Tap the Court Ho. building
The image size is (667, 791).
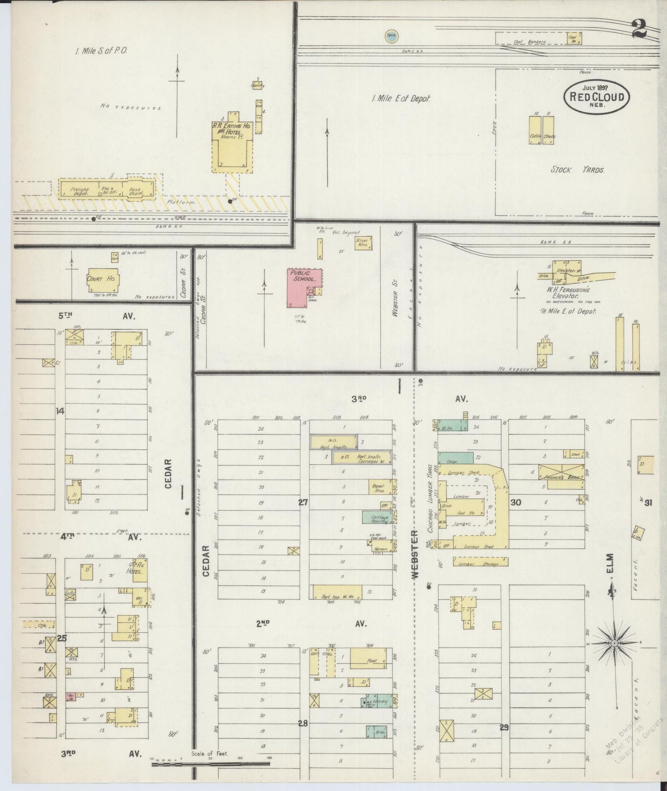point(102,280)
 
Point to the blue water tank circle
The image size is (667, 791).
point(392,36)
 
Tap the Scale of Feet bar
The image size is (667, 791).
point(213,764)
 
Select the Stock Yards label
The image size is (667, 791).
point(577,170)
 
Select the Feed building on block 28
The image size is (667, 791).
point(368,659)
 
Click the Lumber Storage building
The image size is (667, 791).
point(481,562)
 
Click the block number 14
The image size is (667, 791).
point(60,411)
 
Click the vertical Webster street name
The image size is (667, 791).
point(415,554)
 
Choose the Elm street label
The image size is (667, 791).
point(610,564)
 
